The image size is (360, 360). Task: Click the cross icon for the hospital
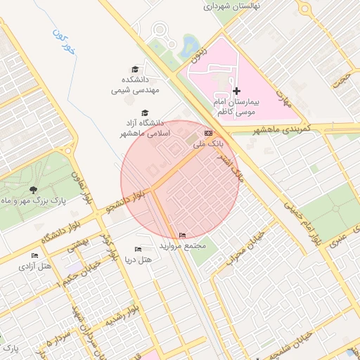pos(236,91)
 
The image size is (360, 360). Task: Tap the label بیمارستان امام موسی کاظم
pos(236,107)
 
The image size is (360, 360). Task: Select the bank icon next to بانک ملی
pos(208,133)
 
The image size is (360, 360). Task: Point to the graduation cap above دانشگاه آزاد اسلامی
pos(145,112)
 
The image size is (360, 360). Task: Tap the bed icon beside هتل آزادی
pos(34,255)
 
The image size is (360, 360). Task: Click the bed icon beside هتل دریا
pos(138,249)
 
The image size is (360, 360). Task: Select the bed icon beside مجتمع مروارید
pos(183,235)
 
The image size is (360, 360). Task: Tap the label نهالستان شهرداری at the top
pos(232,6)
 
